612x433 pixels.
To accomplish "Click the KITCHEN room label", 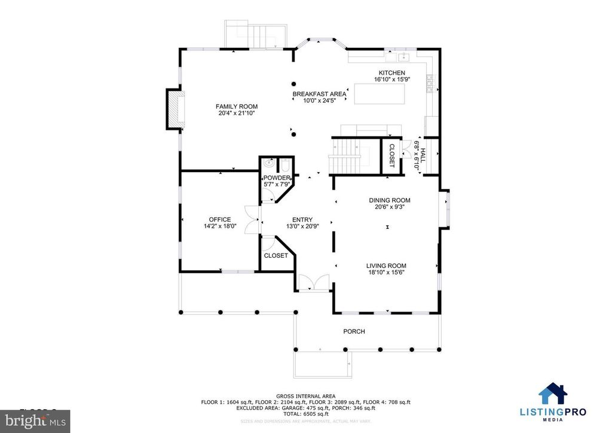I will click(391, 72).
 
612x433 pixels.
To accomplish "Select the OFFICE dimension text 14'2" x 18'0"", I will click(220, 227).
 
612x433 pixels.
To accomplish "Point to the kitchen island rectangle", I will click(379, 94).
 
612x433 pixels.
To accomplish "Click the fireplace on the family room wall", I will click(175, 109).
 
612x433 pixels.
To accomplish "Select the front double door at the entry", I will click(314, 283).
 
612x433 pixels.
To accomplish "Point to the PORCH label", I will click(354, 331).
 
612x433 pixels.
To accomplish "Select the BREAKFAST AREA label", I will click(319, 94).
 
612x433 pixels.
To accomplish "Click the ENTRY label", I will click(302, 219).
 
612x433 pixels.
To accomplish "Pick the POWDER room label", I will click(276, 178).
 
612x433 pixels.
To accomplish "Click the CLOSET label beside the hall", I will click(392, 155).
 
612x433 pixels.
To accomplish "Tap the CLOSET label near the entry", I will click(276, 255).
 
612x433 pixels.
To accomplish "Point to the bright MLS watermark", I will click(35, 421).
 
